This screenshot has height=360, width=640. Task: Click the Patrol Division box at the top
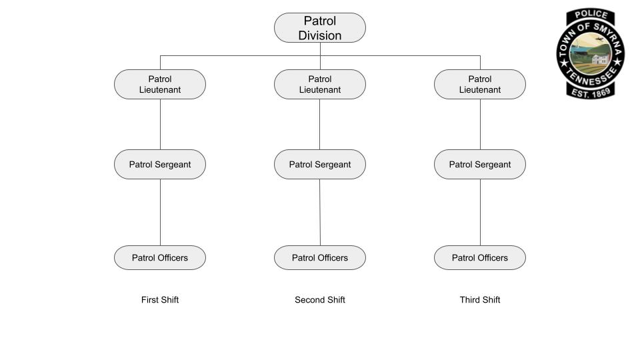(x=320, y=28)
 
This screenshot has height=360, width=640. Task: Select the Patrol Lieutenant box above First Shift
(x=160, y=85)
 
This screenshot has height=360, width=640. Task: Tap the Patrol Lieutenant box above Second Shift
(x=320, y=85)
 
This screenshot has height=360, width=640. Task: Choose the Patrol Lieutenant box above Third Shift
(x=480, y=85)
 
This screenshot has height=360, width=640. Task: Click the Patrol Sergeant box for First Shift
(x=160, y=165)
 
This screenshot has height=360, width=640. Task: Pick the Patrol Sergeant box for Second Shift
(x=320, y=165)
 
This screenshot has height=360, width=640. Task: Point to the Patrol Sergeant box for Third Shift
(x=480, y=165)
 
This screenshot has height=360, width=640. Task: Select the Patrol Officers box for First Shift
(x=160, y=258)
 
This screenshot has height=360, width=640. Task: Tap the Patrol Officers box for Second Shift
(x=320, y=258)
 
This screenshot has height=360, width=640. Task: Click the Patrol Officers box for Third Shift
(x=480, y=258)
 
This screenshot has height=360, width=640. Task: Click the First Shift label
(x=160, y=300)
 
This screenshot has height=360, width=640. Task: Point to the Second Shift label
(x=320, y=300)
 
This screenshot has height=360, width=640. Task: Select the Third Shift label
(x=480, y=300)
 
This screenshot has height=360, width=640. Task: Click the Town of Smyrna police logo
(x=591, y=53)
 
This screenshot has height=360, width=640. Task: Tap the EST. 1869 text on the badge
(x=591, y=94)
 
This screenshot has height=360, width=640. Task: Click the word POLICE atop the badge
(x=591, y=15)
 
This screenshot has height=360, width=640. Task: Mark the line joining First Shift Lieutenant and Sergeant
(x=160, y=125)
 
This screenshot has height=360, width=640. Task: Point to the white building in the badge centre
(x=599, y=61)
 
